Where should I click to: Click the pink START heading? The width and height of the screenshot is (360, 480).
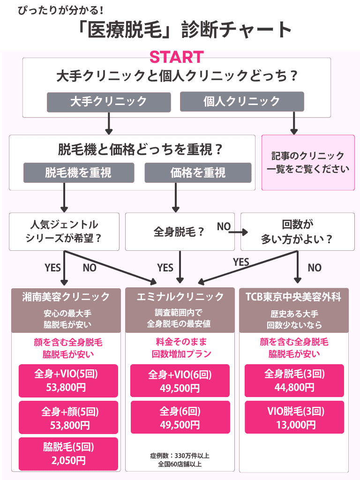[x=176, y=57]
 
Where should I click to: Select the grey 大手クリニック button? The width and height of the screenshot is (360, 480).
[x=108, y=101]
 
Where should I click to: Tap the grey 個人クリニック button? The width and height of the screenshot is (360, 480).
[x=242, y=101]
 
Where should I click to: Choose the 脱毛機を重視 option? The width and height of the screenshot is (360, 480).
[x=79, y=172]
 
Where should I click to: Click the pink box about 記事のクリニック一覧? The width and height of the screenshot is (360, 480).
[x=307, y=163]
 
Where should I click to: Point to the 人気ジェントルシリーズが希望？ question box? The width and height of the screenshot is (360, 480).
[x=65, y=232]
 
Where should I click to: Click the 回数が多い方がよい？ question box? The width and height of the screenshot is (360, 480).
[x=297, y=232]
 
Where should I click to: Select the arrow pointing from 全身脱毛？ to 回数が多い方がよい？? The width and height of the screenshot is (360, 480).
[x=238, y=232]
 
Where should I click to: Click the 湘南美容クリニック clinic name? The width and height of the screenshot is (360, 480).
[x=66, y=297]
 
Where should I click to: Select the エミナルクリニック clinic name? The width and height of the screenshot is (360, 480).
[x=180, y=297]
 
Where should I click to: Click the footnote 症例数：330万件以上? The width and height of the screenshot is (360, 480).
[x=180, y=455]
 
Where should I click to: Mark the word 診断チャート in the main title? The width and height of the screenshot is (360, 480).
[x=239, y=30]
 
